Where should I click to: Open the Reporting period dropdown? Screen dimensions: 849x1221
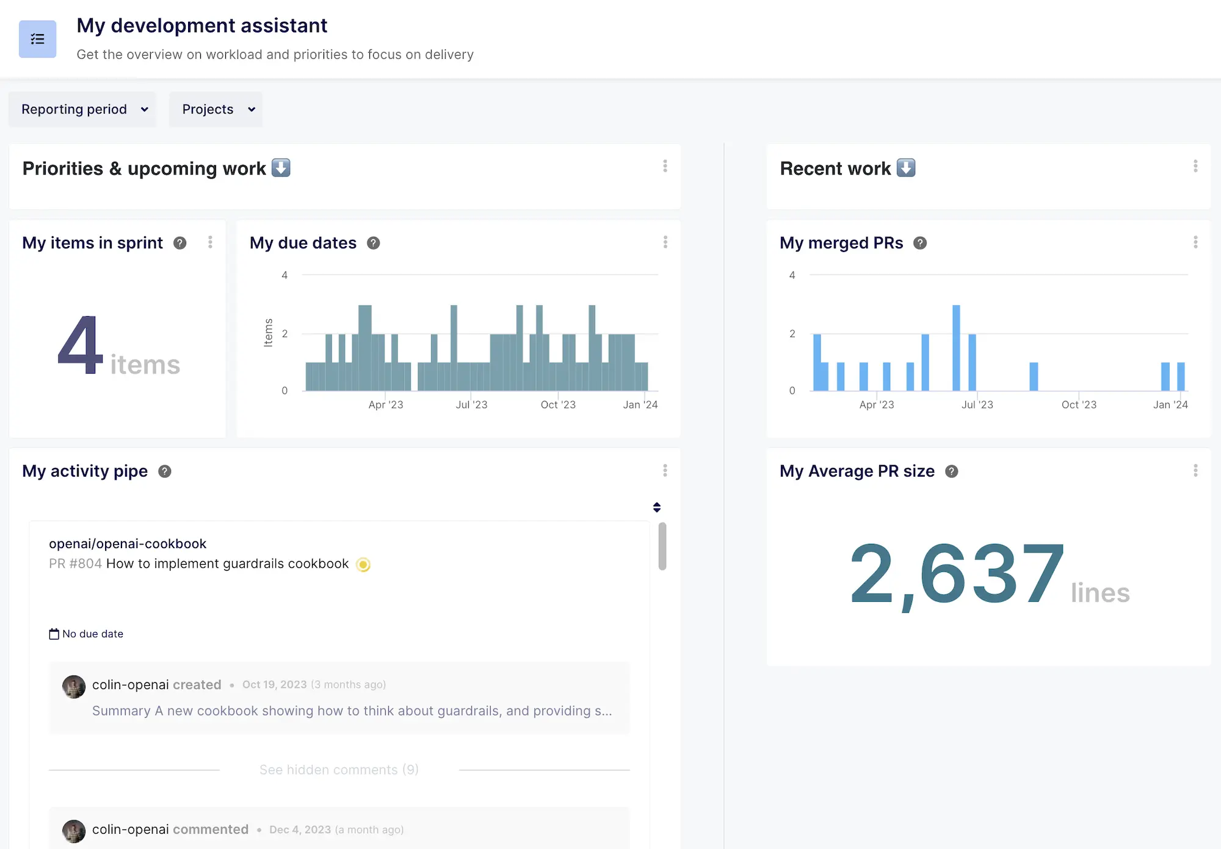pyautogui.click(x=83, y=109)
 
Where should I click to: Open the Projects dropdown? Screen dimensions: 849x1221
pyautogui.click(x=216, y=109)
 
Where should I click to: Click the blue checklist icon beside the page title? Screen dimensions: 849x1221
pyautogui.click(x=37, y=39)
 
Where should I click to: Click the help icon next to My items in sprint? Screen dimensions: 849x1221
pyautogui.click(x=179, y=243)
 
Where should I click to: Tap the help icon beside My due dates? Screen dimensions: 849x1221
pyautogui.click(x=373, y=243)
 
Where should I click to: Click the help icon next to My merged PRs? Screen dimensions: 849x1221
pyautogui.click(x=919, y=243)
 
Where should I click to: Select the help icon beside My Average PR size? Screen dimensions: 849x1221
pyautogui.click(x=951, y=471)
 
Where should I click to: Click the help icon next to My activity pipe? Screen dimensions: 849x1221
pyautogui.click(x=164, y=471)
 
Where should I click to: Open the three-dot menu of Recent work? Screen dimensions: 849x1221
pyautogui.click(x=1195, y=166)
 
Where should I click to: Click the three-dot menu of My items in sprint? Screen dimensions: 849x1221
pyautogui.click(x=210, y=242)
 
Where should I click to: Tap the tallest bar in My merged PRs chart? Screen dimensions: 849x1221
pyautogui.click(x=956, y=347)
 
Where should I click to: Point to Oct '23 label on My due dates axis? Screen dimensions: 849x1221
pyautogui.click(x=558, y=405)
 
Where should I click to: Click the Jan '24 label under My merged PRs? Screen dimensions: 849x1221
pyautogui.click(x=1170, y=405)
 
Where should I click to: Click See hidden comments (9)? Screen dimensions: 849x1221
pyautogui.click(x=339, y=770)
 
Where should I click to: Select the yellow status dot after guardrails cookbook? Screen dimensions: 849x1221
pyautogui.click(x=363, y=565)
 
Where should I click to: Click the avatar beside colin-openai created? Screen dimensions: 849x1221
pyautogui.click(x=74, y=686)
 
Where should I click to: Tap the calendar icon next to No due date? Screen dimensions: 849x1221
pyautogui.click(x=54, y=634)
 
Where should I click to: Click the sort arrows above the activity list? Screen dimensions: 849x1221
pyautogui.click(x=657, y=507)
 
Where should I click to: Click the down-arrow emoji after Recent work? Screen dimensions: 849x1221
pyautogui.click(x=906, y=168)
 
